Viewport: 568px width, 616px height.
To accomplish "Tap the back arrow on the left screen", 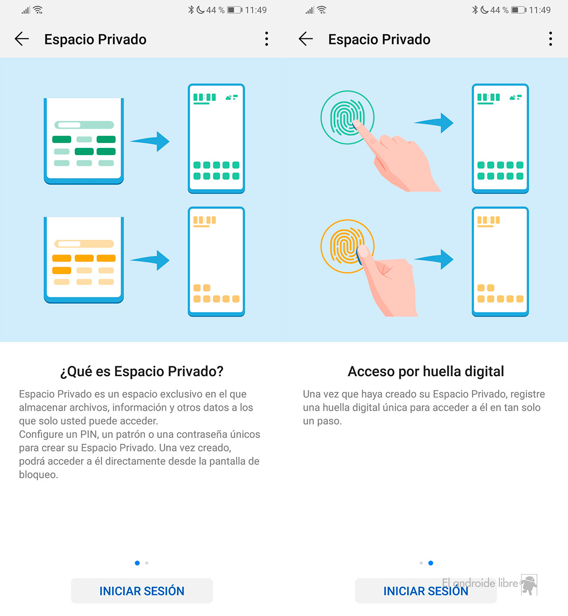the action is (x=22, y=39).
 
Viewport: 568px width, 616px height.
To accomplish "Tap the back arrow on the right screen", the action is (x=305, y=39).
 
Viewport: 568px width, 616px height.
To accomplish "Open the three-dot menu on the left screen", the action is (x=266, y=39).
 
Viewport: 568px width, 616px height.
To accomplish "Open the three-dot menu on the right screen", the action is (x=550, y=39).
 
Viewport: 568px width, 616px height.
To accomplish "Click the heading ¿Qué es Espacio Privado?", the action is (x=142, y=371).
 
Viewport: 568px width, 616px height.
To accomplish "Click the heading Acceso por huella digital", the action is (x=426, y=371).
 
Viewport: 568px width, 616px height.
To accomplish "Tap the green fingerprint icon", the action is (x=347, y=117).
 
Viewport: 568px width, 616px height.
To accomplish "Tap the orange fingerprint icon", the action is (x=347, y=246).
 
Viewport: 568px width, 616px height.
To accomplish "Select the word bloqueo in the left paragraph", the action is (x=38, y=475).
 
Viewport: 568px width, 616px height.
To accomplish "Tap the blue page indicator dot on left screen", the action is (x=137, y=563).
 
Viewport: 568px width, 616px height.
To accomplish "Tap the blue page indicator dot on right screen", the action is (x=431, y=563).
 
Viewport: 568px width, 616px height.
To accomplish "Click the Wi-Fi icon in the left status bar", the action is (x=38, y=10).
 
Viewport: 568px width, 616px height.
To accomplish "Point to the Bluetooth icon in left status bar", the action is (x=191, y=10).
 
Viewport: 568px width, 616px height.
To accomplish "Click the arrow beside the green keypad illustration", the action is (x=150, y=141).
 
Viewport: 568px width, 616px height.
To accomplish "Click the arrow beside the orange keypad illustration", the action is (x=150, y=260).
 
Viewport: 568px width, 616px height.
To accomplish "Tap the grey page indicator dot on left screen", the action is (x=147, y=563).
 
